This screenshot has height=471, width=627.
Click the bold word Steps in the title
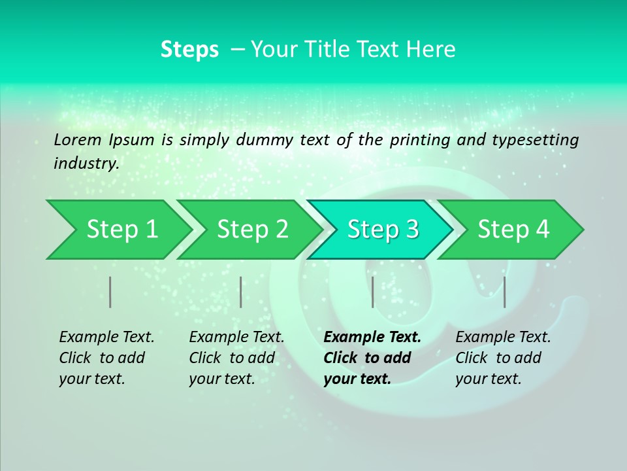coord(189,49)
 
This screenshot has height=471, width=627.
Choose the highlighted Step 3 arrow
coord(383,229)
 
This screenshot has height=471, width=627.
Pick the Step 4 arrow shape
coord(513,229)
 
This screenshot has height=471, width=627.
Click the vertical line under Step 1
coord(110,292)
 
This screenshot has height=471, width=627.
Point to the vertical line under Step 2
coord(241,292)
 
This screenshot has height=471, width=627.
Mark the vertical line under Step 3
coord(372,292)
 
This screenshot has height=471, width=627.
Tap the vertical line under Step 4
coord(504,292)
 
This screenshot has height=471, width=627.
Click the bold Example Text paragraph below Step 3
coord(372,358)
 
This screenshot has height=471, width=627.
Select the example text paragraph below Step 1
coord(106,358)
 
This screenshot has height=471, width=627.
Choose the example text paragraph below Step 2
coord(236,358)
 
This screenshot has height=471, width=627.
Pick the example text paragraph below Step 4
coord(503,358)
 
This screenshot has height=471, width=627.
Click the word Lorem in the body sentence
coord(78,139)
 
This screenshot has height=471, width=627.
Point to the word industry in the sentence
coord(86,164)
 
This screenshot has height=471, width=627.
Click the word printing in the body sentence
coord(415,139)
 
